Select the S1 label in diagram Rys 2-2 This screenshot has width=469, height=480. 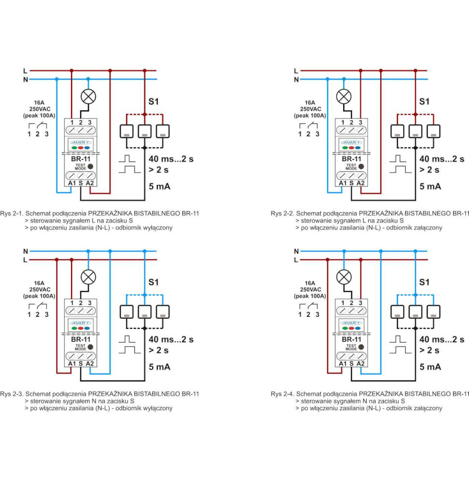click(x=424, y=101)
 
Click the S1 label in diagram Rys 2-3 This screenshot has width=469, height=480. click(x=154, y=282)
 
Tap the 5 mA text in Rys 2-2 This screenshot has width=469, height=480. click(x=430, y=186)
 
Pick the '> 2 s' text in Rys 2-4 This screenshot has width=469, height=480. click(x=429, y=350)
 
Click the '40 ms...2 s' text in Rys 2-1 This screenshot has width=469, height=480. click(x=171, y=159)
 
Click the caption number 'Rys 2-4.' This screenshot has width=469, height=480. click(x=282, y=394)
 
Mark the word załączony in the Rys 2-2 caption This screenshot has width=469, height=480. click(x=426, y=228)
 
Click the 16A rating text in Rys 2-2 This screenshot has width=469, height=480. click(x=310, y=102)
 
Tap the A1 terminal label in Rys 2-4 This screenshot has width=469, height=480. click(x=343, y=363)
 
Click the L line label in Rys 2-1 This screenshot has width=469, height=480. click(x=25, y=71)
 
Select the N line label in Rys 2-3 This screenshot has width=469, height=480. click(x=25, y=251)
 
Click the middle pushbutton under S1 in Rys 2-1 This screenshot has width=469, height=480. click(x=144, y=131)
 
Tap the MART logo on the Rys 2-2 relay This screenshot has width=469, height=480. click(x=351, y=142)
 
